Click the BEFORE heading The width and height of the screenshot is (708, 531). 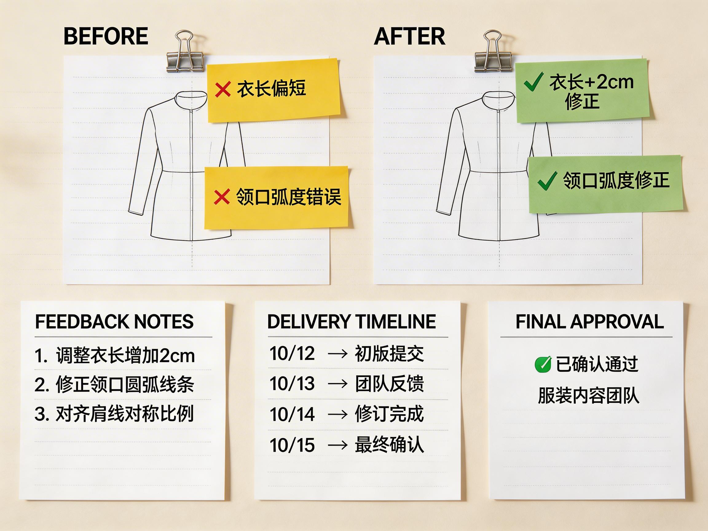pyautogui.click(x=106, y=36)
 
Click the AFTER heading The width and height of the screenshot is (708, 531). pyautogui.click(x=409, y=36)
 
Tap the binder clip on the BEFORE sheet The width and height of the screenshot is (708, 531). pyautogui.click(x=185, y=53)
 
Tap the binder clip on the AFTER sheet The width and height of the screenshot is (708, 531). pyautogui.click(x=493, y=53)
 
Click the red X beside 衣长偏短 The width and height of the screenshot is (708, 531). pyautogui.click(x=223, y=89)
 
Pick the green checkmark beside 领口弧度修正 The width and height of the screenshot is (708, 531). pyautogui.click(x=547, y=180)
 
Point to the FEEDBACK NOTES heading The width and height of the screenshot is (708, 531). pyautogui.click(x=114, y=322)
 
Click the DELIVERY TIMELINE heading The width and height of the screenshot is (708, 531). pyautogui.click(x=352, y=322)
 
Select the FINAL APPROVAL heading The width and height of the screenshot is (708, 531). pyautogui.click(x=590, y=322)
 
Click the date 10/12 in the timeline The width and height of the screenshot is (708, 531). pyautogui.click(x=292, y=354)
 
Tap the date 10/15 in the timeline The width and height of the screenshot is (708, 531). pyautogui.click(x=292, y=445)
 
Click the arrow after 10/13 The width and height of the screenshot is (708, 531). pyautogui.click(x=338, y=384)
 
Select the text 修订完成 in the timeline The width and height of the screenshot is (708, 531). pyautogui.click(x=389, y=414)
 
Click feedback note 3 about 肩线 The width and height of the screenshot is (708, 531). pyautogui.click(x=114, y=414)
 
